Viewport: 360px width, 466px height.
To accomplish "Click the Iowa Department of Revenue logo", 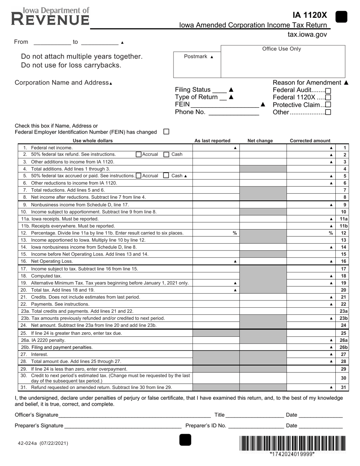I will pos(50,16).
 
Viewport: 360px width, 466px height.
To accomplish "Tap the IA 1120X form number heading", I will pos(309,16).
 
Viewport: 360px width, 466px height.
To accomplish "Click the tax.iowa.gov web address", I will pos(307,34).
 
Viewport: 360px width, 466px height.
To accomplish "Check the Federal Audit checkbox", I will pos(328,91).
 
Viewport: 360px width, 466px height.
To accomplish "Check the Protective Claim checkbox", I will pos(328,105).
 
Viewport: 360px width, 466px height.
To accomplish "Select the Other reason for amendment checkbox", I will pos(328,112).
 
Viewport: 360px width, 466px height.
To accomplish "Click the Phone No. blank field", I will pos(233,112).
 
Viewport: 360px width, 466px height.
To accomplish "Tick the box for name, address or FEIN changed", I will pos(166,131).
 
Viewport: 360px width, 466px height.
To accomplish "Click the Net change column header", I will pos(260,141).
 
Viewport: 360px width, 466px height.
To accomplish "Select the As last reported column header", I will pos(212,141).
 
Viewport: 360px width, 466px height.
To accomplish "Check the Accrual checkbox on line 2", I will pos(139,155).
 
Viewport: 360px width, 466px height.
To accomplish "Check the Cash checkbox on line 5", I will pos(166,175).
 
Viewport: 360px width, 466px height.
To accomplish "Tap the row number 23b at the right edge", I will pos(343,318).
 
